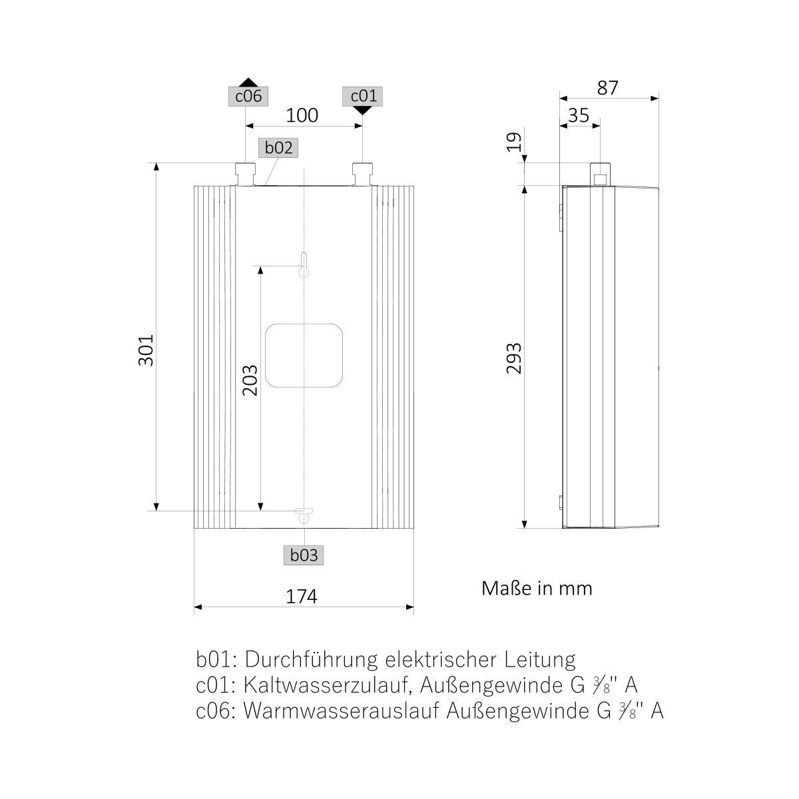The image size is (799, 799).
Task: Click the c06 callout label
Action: [247, 97]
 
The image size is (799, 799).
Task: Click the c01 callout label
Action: [363, 97]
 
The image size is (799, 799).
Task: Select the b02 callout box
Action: [278, 148]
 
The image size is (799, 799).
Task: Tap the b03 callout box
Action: [305, 555]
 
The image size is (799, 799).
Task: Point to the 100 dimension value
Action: [302, 116]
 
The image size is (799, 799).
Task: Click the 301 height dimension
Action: [146, 349]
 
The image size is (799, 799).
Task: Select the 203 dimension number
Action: [250, 380]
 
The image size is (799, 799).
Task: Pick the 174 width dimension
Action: [302, 597]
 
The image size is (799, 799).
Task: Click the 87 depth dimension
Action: [607, 88]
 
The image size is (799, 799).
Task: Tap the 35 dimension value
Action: [579, 116]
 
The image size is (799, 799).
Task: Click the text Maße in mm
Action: [537, 589]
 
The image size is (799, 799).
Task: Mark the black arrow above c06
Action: [247, 80]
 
